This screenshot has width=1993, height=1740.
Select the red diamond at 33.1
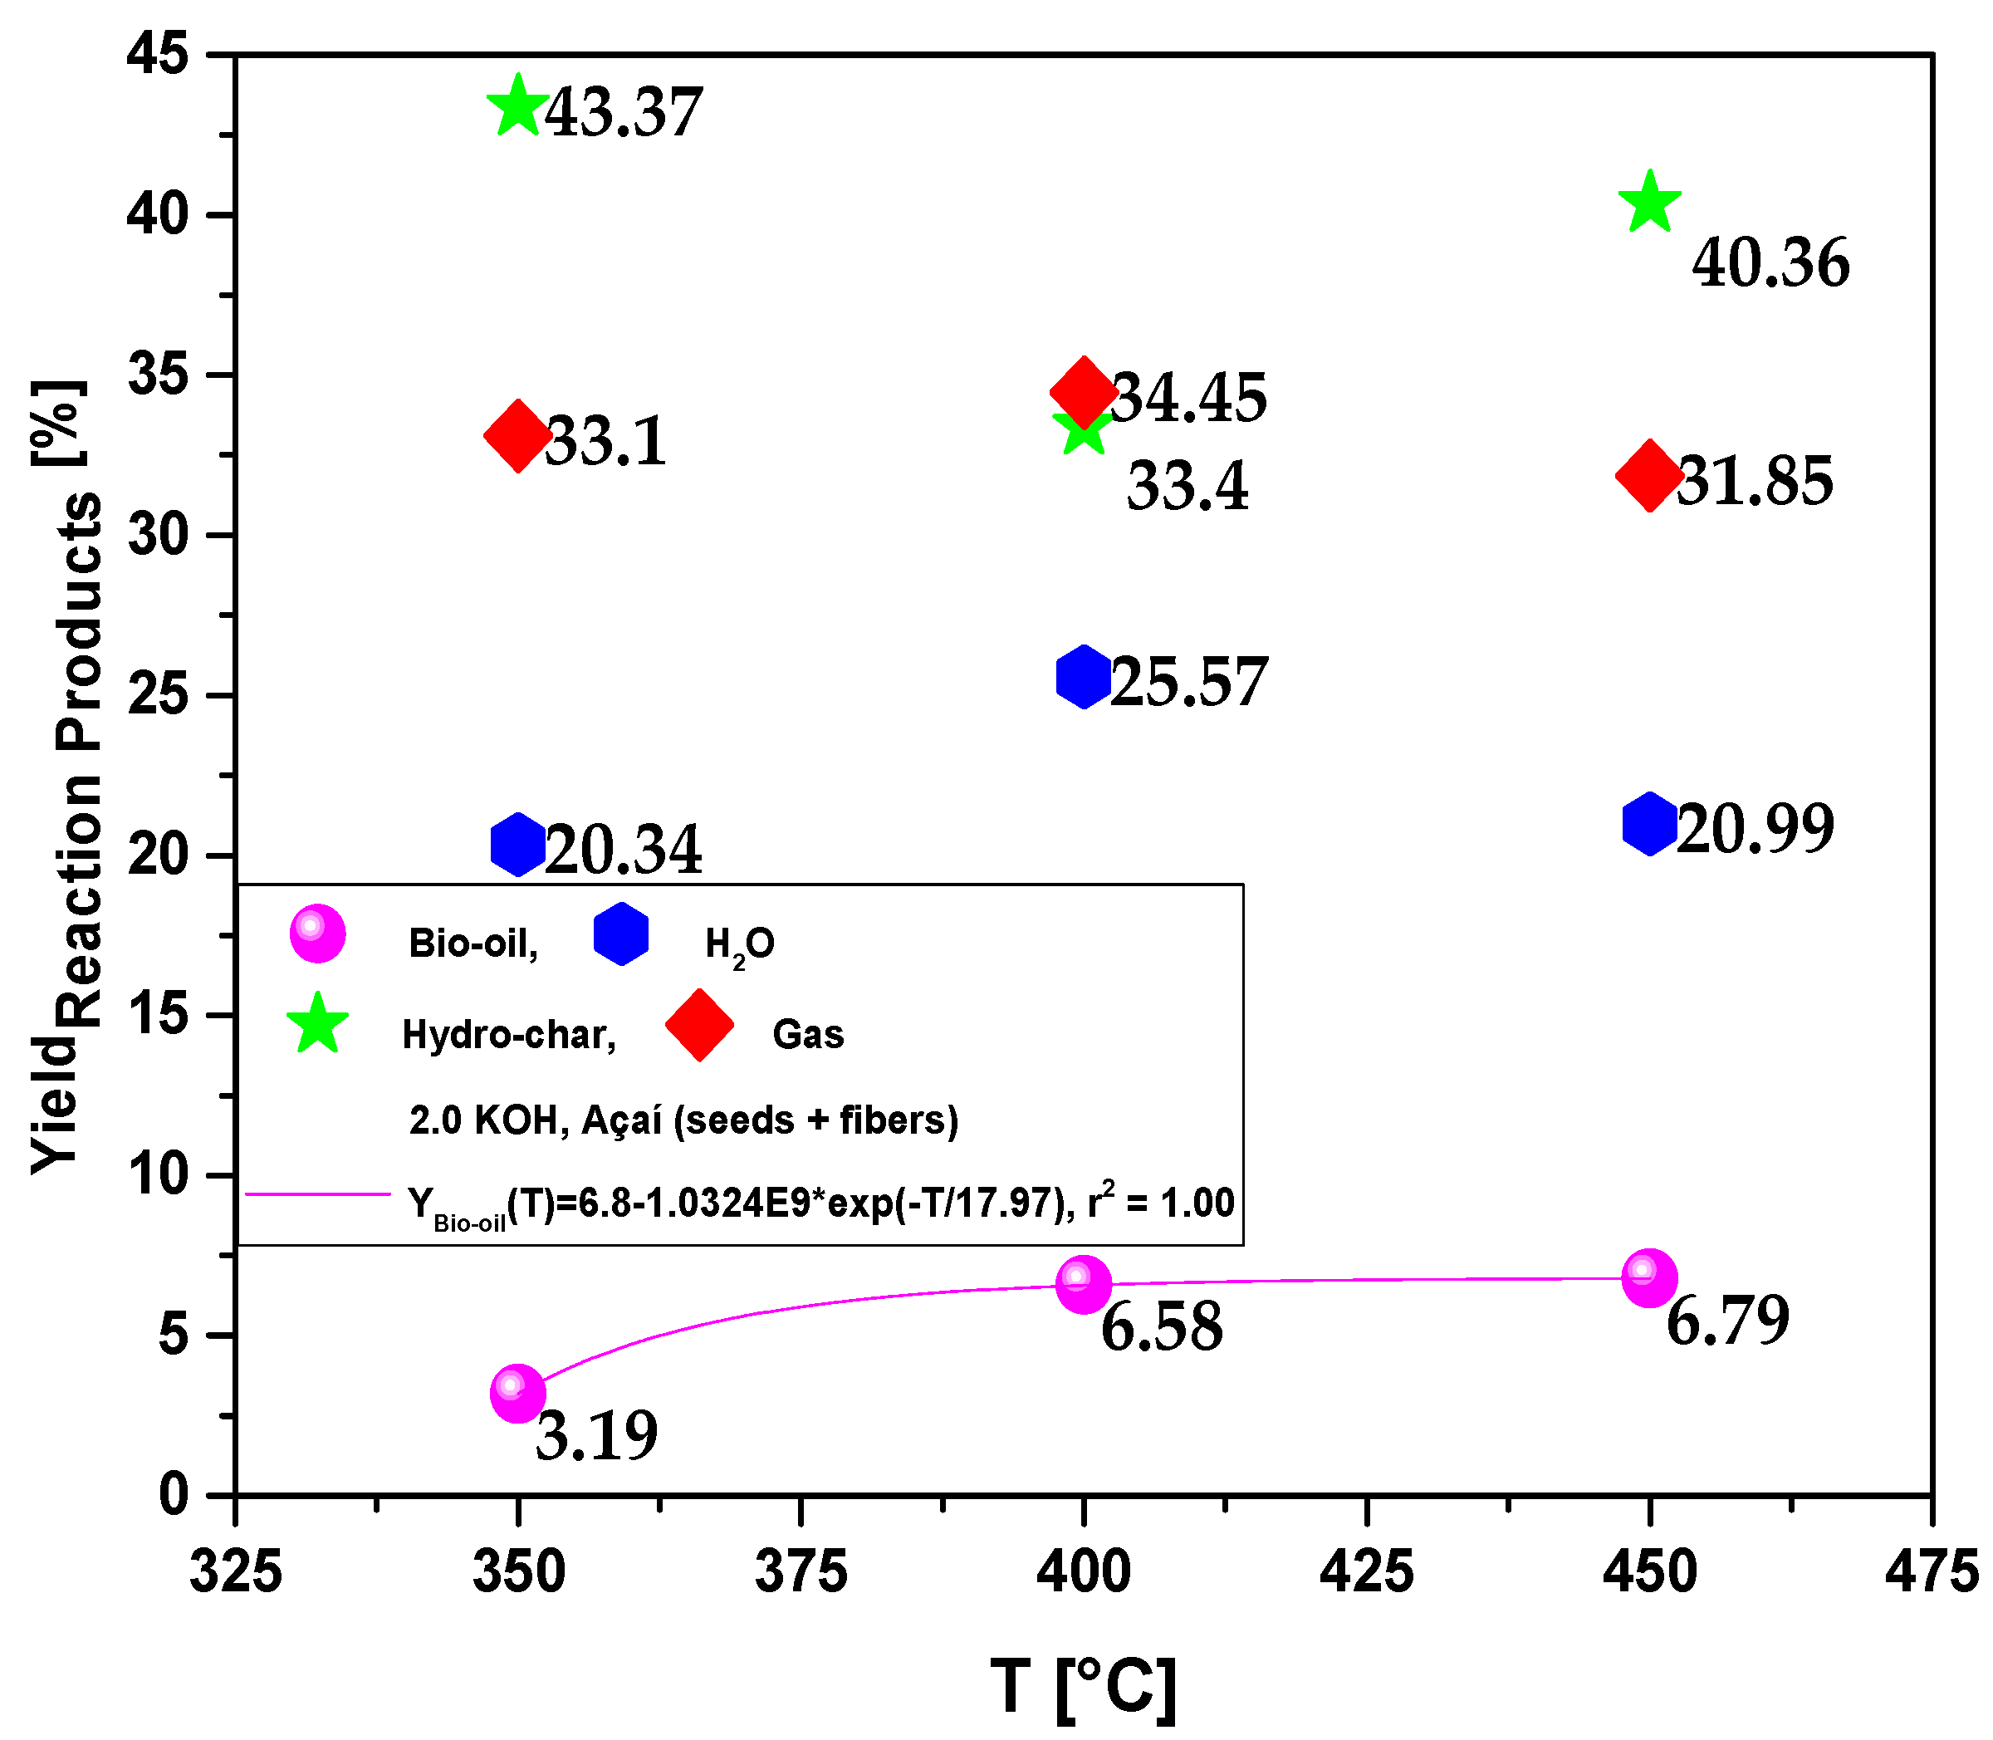click(x=517, y=434)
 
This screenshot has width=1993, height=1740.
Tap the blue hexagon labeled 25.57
click(x=1084, y=676)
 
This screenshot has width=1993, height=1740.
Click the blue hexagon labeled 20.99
click(x=1649, y=823)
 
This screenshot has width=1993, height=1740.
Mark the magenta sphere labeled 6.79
click(x=1649, y=1278)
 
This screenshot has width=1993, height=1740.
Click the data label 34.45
click(x=1188, y=398)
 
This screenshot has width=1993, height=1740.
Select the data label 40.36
click(x=1770, y=263)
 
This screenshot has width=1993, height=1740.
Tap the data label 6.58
click(x=1161, y=1327)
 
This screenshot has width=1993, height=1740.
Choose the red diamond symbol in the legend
click(x=699, y=1026)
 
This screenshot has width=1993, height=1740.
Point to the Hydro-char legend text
click(x=509, y=1035)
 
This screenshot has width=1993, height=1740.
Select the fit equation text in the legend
click(x=820, y=1204)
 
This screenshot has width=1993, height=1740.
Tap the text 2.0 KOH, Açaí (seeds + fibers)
click(x=683, y=1120)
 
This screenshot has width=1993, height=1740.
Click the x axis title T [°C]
click(x=1082, y=1687)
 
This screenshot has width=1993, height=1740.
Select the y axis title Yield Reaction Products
click(x=66, y=777)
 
